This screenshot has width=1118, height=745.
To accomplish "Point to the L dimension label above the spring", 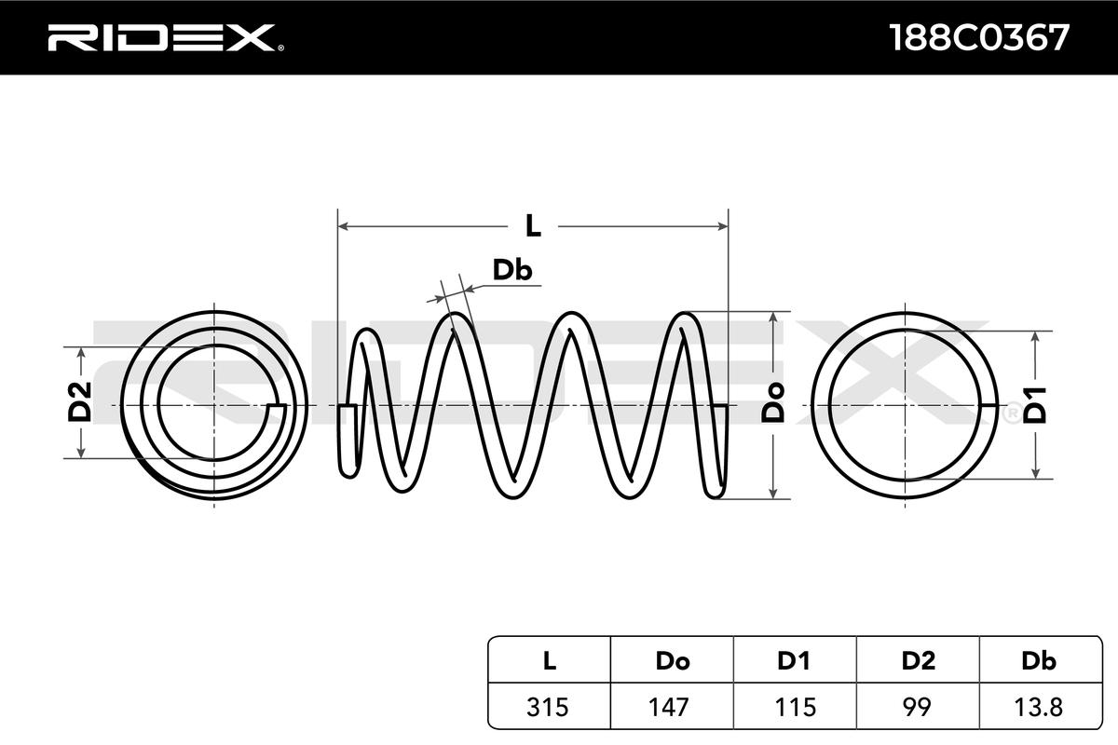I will click(532, 225).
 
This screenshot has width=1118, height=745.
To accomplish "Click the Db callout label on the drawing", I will click(511, 270).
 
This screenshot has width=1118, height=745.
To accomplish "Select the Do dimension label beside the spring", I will click(772, 403).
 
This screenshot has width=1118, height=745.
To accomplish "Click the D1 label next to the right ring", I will click(1036, 404).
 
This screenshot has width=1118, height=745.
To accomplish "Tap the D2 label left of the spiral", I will click(81, 402).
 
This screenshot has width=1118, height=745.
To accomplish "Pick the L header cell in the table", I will click(549, 661).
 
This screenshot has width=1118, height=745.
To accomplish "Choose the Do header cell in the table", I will click(672, 661).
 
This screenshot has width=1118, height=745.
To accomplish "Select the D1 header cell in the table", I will click(794, 661).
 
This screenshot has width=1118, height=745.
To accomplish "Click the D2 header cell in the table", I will click(918, 661).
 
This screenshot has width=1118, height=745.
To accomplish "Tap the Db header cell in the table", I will click(1039, 661).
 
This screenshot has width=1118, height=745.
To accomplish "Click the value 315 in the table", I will click(549, 707).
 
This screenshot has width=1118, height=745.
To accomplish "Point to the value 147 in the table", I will click(672, 707).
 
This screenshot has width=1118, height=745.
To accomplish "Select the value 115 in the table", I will click(794, 707).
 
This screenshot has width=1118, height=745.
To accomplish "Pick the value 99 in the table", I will click(918, 707).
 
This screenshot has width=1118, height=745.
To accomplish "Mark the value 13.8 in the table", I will click(1039, 707).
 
